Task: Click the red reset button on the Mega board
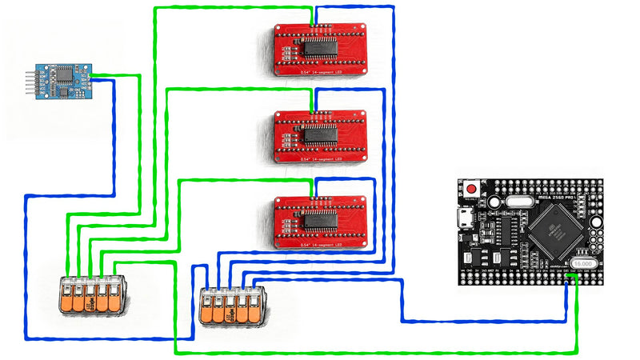[473, 190]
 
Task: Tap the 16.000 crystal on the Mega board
[582, 263]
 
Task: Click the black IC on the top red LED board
[321, 48]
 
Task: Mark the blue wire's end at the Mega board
[567, 277]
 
